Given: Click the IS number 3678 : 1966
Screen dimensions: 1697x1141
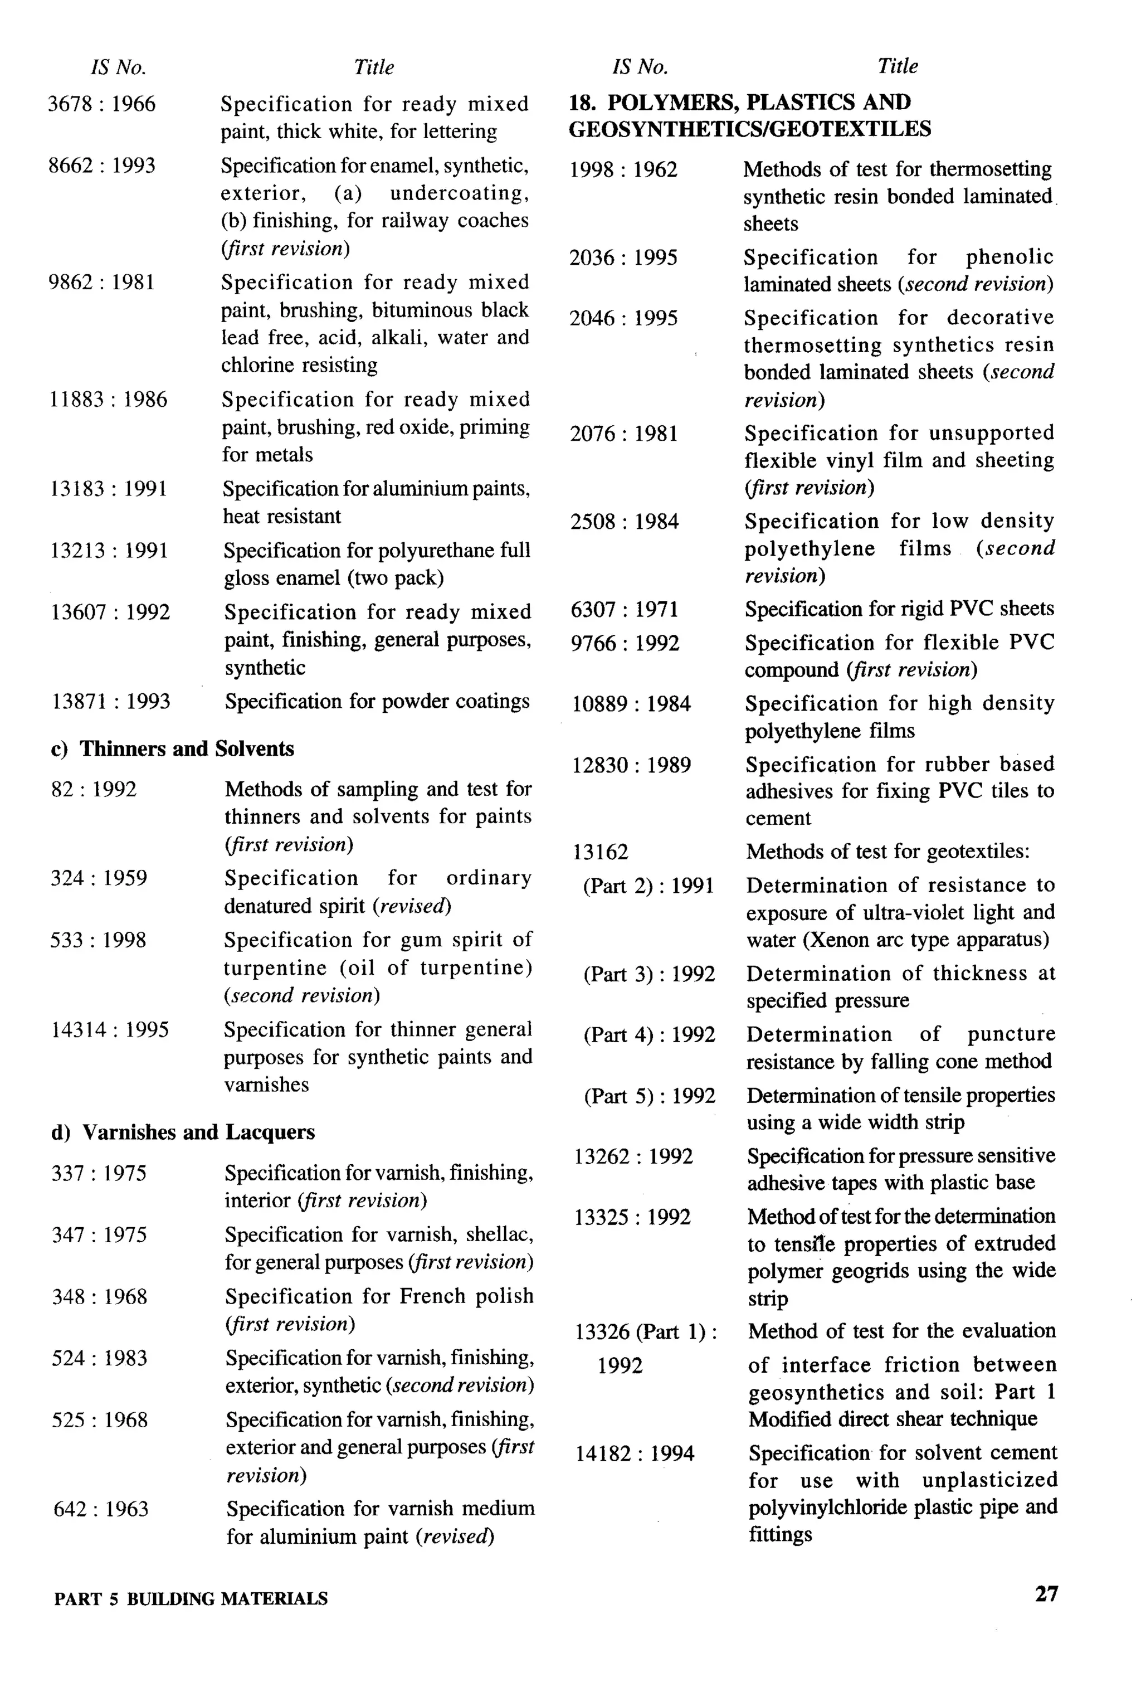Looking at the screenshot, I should click(102, 104).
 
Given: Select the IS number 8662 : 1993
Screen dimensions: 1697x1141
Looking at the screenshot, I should click(102, 166).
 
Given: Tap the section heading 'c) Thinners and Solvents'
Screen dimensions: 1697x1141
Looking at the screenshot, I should click(173, 749).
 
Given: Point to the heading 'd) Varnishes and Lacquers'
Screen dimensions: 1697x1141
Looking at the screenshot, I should click(183, 1132).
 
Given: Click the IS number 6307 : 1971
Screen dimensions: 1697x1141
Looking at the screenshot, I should click(625, 609).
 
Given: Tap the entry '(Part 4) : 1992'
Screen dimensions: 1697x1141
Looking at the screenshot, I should click(649, 1035).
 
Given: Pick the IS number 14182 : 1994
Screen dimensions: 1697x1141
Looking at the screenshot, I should click(635, 1454).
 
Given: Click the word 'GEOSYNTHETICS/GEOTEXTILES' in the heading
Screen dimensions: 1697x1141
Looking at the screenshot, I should click(749, 129).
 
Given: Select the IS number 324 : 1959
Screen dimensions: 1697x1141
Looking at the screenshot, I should click(99, 878).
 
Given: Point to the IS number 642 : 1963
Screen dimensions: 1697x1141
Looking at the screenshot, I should click(101, 1509).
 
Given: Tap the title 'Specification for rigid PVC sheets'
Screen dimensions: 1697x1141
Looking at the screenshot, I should click(899, 609).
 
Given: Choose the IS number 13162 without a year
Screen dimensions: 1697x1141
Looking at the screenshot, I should click(601, 852).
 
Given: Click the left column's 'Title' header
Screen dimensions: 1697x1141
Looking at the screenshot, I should click(373, 67).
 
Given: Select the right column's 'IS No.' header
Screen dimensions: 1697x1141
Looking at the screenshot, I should click(640, 67).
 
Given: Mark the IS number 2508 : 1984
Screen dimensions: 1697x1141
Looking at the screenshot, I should click(625, 522).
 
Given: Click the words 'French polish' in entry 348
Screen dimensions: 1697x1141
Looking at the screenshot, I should click(466, 1296).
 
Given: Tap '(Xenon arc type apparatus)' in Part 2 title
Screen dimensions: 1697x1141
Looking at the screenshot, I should click(925, 940).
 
